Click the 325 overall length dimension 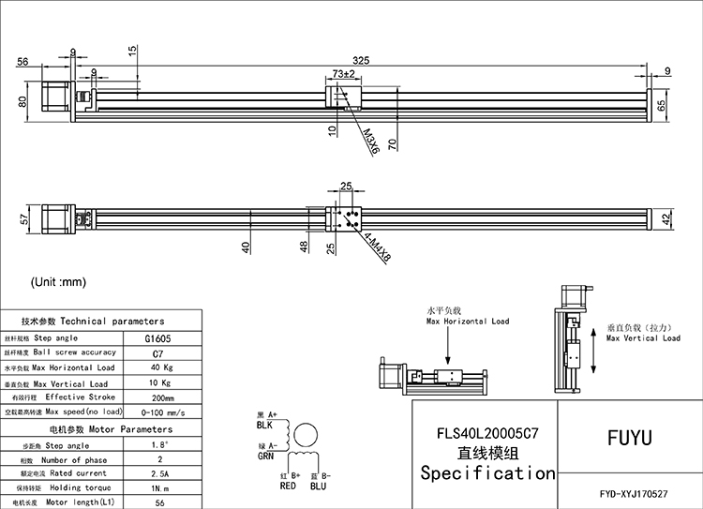(361, 59)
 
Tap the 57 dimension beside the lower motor (22, 220)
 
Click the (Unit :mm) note (58, 281)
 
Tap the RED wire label (288, 486)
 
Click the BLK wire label (268, 424)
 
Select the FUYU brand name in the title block (629, 437)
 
